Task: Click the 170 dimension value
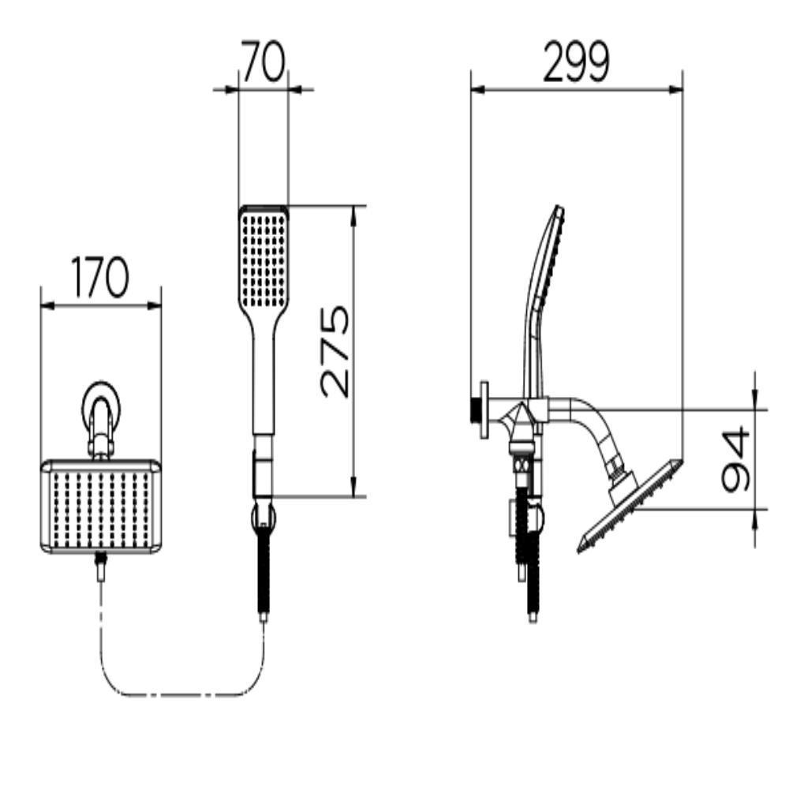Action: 99,277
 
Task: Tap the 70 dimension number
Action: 263,62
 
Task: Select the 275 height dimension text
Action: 335,351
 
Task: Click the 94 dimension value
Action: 735,459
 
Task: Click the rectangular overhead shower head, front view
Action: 102,507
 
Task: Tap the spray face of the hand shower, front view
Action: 264,260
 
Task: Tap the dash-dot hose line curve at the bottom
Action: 182,694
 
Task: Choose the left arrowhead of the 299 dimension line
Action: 477,90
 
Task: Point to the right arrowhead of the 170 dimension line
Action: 155,305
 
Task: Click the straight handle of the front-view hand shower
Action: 264,383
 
